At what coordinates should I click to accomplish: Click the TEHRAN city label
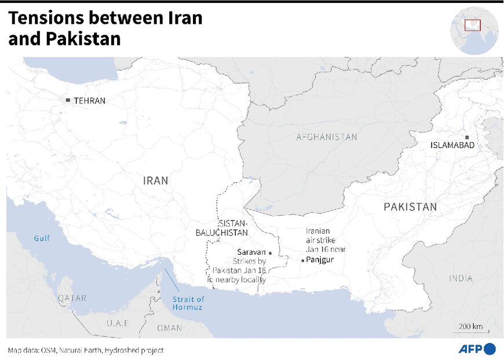click(89, 101)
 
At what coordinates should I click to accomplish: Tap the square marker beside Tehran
click(68, 101)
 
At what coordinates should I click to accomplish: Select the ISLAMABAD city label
click(452, 146)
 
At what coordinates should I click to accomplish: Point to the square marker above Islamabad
click(466, 137)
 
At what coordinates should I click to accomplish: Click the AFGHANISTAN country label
click(327, 137)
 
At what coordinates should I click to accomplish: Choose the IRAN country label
click(155, 181)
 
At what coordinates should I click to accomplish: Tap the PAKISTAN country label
click(410, 207)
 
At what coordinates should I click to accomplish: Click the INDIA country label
click(461, 278)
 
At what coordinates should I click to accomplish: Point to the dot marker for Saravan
click(270, 253)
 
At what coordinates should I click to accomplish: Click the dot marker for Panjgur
click(302, 260)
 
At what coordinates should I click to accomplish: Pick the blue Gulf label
click(42, 238)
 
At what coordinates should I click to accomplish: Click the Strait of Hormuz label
click(188, 303)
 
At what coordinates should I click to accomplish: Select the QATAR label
click(72, 298)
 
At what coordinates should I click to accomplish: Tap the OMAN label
click(169, 328)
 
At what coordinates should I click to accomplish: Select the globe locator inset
click(474, 31)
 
